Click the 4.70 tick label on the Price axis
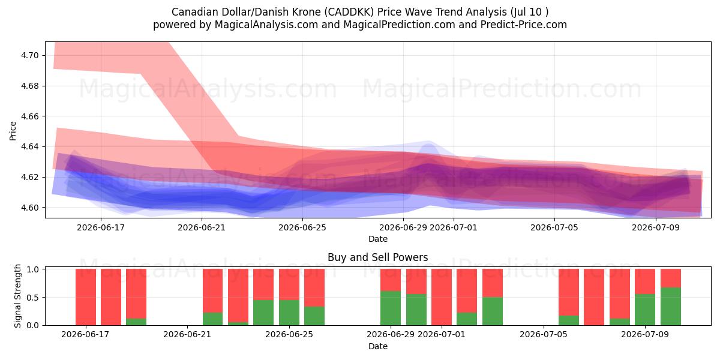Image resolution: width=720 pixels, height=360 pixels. [x=29, y=55]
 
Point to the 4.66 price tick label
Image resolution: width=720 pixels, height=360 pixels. [x=29, y=116]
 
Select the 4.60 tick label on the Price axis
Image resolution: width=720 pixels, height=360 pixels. [x=29, y=208]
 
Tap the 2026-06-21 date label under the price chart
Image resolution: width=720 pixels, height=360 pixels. [x=202, y=227]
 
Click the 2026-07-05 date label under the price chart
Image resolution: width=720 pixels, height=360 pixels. [x=554, y=227]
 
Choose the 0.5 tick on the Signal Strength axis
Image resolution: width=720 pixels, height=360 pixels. [x=32, y=298]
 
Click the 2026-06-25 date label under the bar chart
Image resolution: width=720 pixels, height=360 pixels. [x=289, y=334]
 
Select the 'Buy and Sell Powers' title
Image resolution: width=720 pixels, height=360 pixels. [x=377, y=257]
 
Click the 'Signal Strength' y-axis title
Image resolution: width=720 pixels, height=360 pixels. [x=17, y=296]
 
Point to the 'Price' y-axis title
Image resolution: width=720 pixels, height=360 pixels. [x=13, y=131]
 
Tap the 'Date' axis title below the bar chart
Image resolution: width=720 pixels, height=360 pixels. [x=377, y=346]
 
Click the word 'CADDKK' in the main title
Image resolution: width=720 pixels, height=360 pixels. [x=349, y=12]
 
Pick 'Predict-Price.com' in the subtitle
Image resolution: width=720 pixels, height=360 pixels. [x=524, y=25]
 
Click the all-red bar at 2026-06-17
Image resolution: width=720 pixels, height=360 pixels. [x=86, y=297]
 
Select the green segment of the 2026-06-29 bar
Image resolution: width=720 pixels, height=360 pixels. [x=391, y=308]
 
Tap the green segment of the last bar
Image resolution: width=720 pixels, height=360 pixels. [x=671, y=306]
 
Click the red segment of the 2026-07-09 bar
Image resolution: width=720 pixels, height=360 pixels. [x=645, y=281]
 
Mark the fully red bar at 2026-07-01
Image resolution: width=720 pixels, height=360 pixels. [x=442, y=297]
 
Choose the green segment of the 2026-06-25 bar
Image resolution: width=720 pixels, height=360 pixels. [x=289, y=313]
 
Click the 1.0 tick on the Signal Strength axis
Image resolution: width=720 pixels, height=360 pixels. [x=32, y=269]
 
